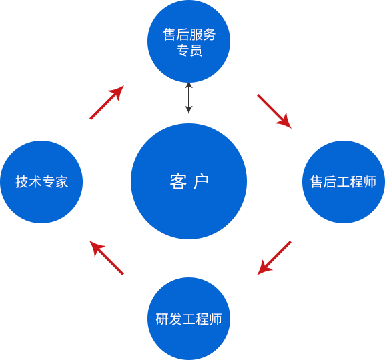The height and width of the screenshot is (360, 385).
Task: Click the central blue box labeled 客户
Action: tap(189, 181)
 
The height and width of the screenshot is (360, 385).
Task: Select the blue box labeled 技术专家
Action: tap(41, 181)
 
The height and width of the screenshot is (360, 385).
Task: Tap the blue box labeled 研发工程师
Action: tap(188, 318)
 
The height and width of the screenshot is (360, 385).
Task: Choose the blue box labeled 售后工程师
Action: tap(343, 181)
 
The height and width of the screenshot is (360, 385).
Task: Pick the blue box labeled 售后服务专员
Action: tap(188, 41)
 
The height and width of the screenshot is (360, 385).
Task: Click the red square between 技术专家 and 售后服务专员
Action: tap(107, 103)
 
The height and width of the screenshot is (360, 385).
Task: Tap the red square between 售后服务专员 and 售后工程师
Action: tap(274, 111)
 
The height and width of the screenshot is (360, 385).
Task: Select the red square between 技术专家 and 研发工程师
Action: tap(107, 258)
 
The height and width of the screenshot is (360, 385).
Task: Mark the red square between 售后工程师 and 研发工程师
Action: tap(274, 258)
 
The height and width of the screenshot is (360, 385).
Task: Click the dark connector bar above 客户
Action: tap(189, 99)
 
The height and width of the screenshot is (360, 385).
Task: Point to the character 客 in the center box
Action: tap(178, 181)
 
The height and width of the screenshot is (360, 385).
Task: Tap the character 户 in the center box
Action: tap(201, 181)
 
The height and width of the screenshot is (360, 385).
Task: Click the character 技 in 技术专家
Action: tap(22, 182)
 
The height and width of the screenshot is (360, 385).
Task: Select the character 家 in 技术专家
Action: tap(61, 182)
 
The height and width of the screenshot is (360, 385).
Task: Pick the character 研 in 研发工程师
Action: tap(162, 319)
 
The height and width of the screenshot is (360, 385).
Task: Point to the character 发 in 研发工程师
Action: tap(175, 319)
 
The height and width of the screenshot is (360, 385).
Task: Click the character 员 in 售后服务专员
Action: tap(196, 51)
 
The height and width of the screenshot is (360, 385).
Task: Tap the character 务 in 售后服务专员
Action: tap(209, 34)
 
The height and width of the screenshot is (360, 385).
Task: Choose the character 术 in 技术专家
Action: tap(35, 182)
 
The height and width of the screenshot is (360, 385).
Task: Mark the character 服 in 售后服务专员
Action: tap(196, 34)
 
